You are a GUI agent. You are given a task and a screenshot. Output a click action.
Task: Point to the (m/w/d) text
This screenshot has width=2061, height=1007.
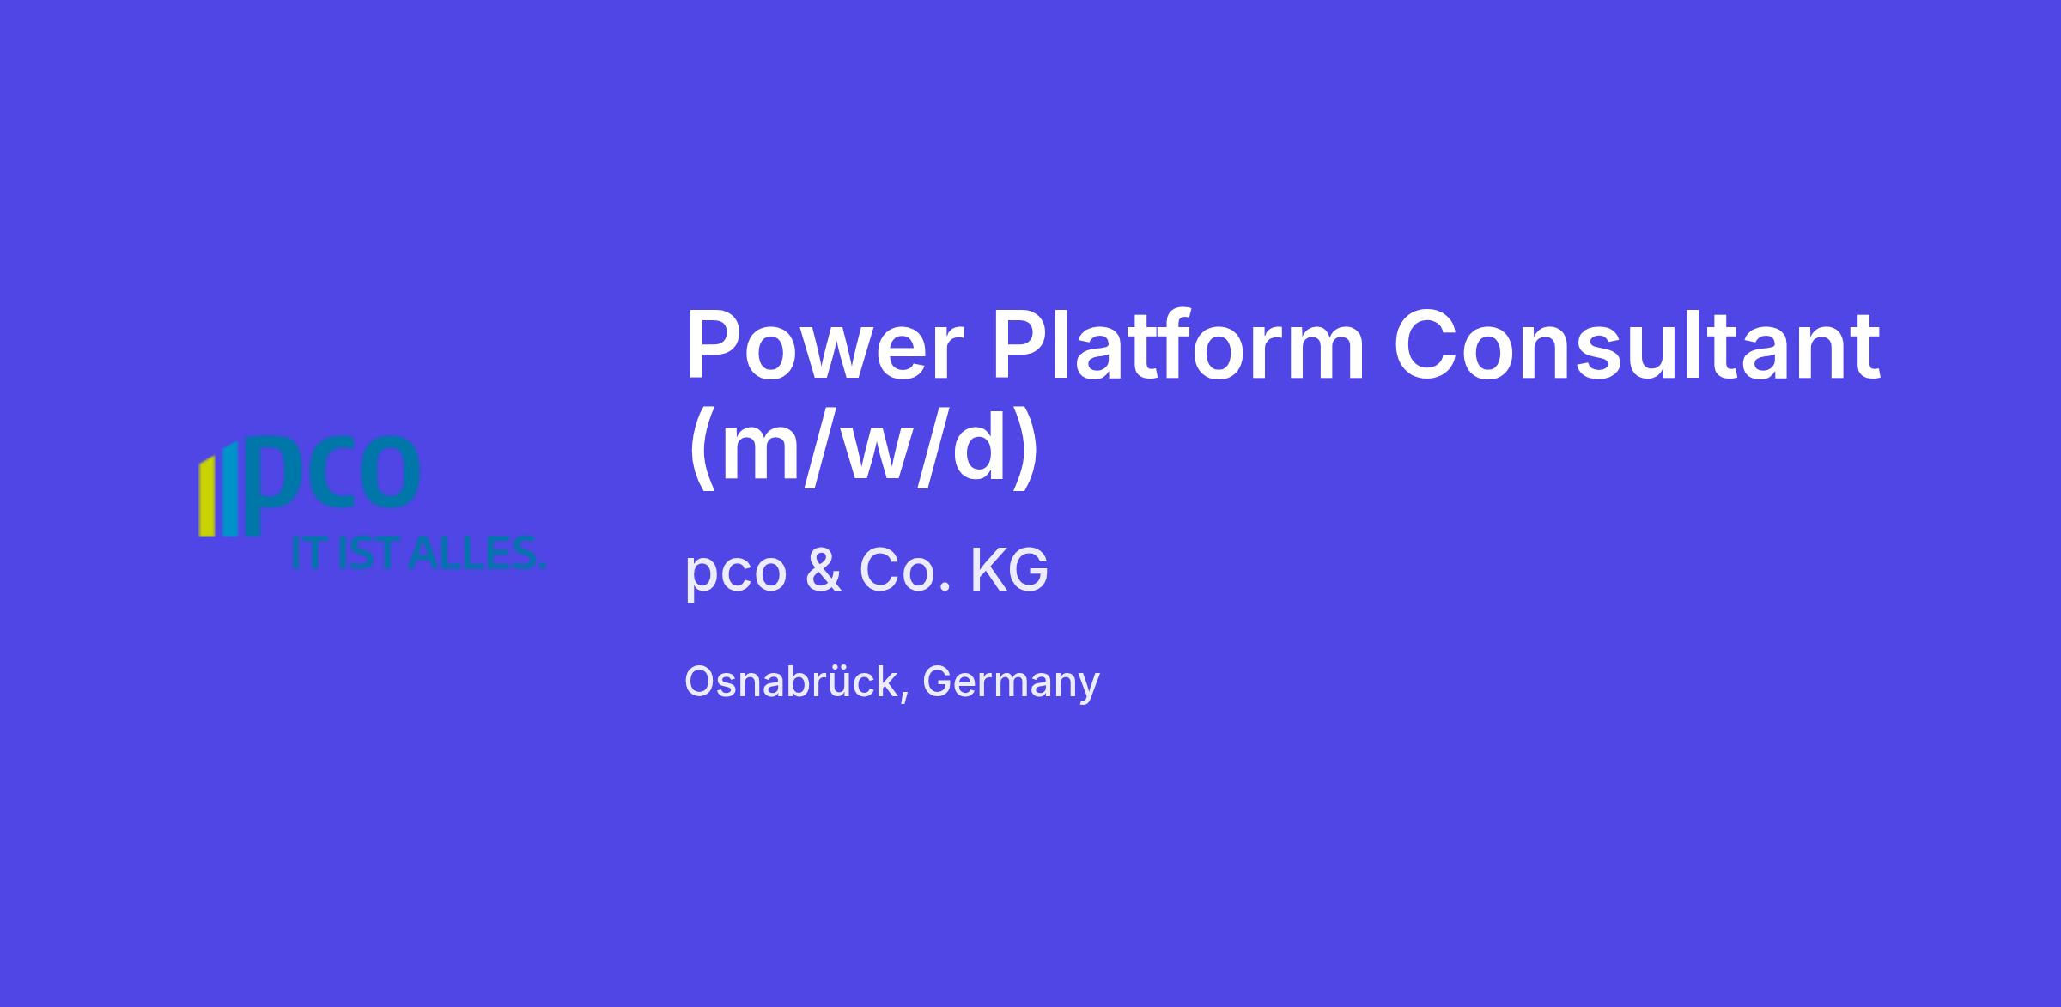[863, 448]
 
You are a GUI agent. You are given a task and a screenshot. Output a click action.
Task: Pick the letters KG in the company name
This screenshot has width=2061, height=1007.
[1009, 570]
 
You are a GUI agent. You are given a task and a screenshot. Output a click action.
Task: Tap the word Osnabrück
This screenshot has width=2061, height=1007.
[791, 682]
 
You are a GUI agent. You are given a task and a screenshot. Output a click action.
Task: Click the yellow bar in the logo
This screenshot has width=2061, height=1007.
[206, 498]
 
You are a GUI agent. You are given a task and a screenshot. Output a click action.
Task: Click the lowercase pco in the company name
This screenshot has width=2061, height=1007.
[736, 574]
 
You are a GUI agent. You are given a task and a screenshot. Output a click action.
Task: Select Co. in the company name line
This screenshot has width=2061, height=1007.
[905, 570]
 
